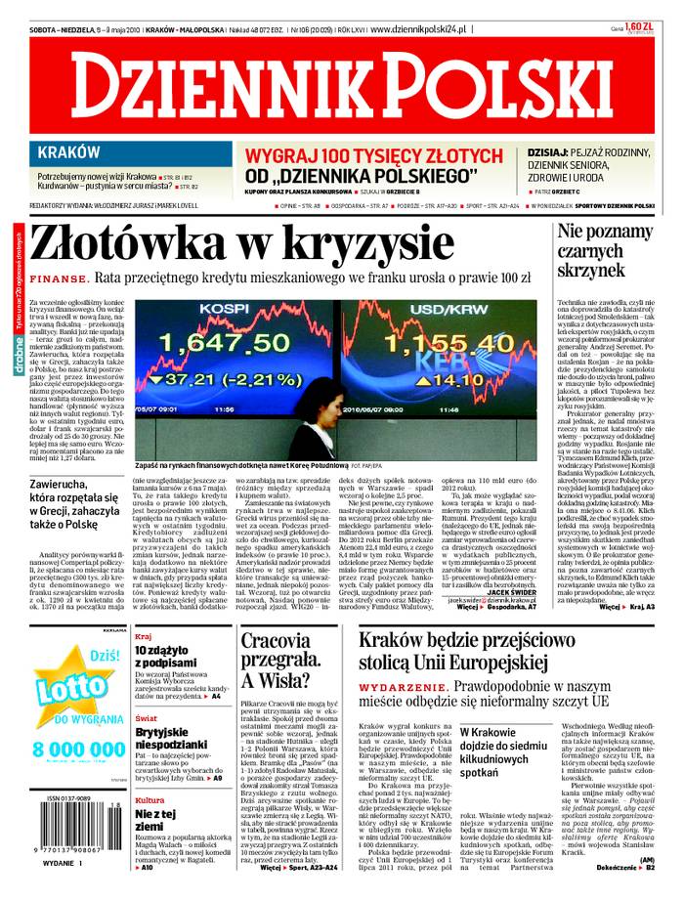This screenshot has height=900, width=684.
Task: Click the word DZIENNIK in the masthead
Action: click(210, 91)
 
